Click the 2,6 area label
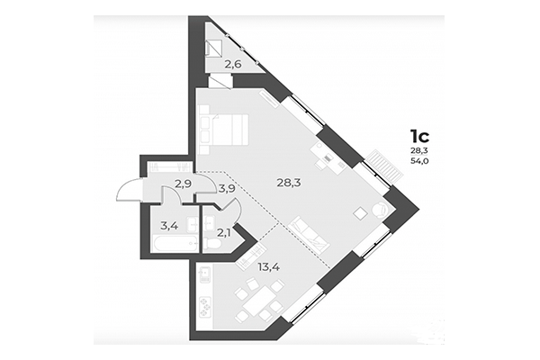click(233, 63)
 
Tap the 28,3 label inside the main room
click(289, 183)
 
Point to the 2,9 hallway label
click(183, 184)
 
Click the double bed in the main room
click(225, 131)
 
